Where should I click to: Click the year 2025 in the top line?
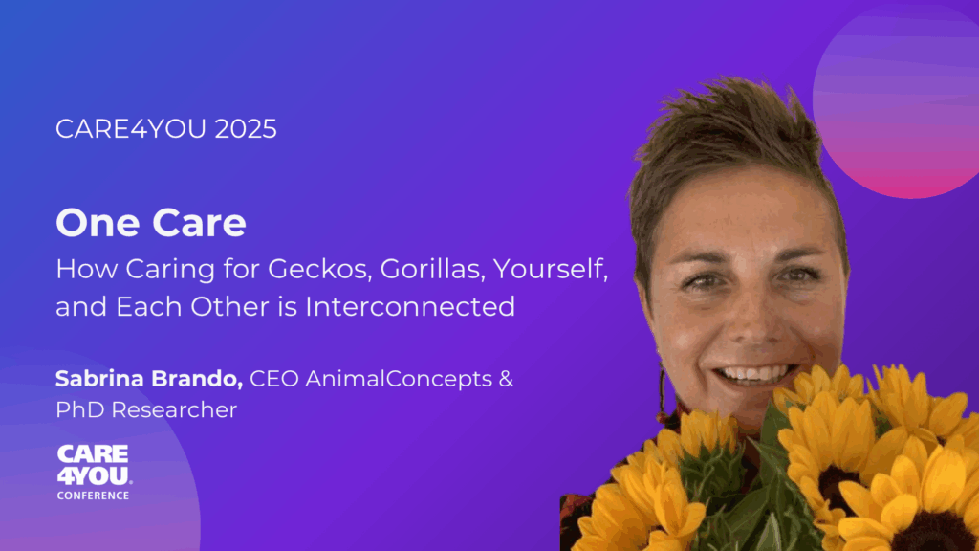(246, 129)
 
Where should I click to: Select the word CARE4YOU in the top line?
(130, 129)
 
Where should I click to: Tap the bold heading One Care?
(151, 222)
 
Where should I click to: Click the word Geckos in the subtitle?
(318, 269)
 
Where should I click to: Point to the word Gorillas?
(432, 269)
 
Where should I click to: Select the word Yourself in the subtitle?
(550, 269)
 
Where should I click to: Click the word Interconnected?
(410, 307)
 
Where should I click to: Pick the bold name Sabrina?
(98, 378)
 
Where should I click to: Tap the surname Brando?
(195, 378)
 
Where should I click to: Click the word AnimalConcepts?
(399, 379)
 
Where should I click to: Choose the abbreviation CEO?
(274, 379)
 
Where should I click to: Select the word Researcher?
(174, 409)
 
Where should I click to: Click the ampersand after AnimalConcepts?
(506, 379)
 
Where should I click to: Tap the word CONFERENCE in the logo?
(93, 496)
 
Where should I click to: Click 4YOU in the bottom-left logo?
(93, 476)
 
